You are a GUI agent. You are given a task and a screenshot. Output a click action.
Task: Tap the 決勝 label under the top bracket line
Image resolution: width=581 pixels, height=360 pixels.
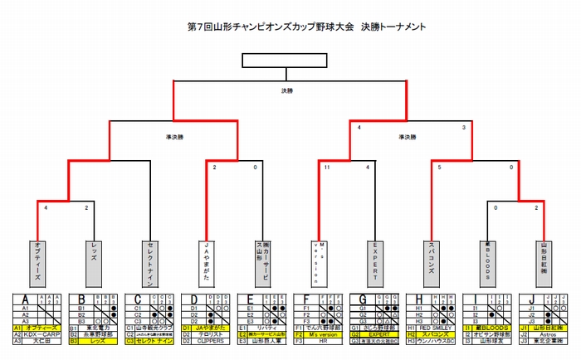287,90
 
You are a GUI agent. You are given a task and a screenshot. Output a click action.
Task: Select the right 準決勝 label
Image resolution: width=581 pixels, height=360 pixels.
408,137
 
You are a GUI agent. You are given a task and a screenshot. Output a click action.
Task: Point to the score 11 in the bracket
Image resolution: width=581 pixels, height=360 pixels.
327,168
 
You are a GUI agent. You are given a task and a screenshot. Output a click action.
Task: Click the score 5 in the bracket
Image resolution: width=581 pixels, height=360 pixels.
440,168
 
